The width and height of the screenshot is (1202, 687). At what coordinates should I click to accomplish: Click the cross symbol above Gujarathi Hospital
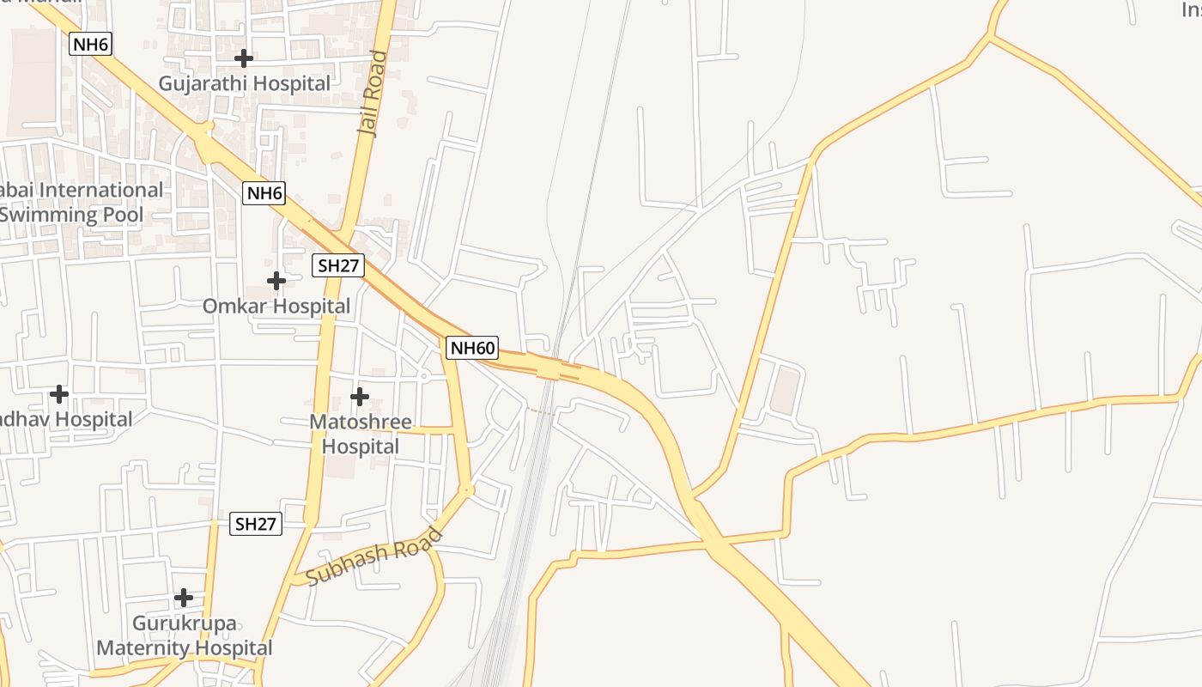245,58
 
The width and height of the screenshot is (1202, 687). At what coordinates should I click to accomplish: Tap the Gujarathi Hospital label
245,83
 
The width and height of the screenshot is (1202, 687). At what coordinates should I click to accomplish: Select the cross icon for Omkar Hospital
276,281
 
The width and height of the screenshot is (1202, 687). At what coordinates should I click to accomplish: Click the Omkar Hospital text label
276,306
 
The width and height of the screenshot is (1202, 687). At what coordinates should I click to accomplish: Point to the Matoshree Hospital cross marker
360,397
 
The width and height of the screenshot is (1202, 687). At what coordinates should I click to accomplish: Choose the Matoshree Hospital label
360,435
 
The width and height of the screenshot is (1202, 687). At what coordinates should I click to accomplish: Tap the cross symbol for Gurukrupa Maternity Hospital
184,598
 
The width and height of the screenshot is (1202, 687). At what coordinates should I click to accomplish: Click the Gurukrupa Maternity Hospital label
184,635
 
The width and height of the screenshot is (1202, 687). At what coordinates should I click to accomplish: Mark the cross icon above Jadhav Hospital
59,394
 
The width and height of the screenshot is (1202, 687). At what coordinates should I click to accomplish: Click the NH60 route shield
472,348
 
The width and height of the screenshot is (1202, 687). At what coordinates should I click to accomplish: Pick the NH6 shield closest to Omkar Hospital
264,193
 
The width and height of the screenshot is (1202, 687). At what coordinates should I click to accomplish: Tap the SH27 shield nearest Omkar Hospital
337,265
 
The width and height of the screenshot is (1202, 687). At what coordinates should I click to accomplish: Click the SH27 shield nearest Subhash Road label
256,524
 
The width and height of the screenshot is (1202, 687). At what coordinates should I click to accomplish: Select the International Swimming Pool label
77,203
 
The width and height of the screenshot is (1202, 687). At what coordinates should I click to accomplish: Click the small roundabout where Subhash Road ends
468,490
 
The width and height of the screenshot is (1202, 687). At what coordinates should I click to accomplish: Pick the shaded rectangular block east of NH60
786,389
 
